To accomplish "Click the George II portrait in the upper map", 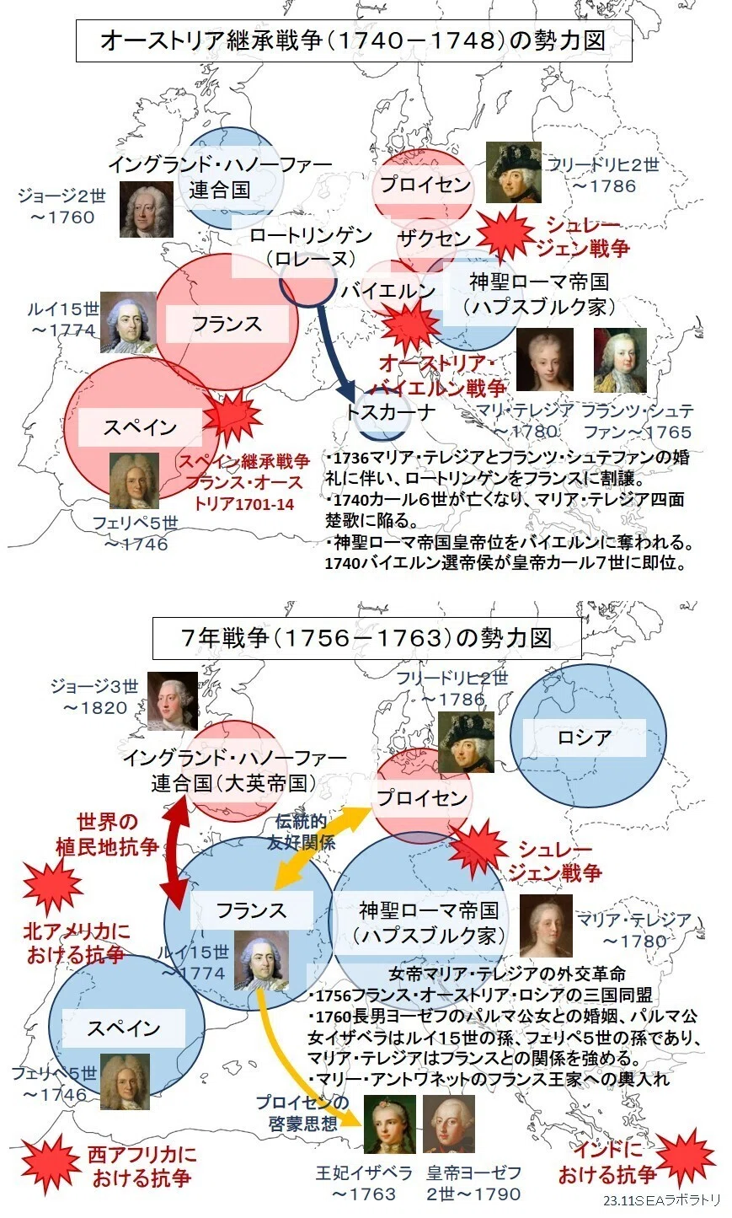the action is pos(147,209).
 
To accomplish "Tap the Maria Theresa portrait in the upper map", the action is pos(544,359).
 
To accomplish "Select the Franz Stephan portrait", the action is pos(620,359).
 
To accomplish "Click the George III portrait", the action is pos(173,701).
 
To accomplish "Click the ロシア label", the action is pos(585,738).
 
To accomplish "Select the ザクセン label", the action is pos(434,239).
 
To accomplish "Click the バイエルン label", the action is pos(388,290).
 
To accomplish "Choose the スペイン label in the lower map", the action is pos(124,1028).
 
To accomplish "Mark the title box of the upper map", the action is pos(354,40).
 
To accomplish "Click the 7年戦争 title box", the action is pos(366,638).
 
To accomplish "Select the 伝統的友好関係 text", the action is pos(301,831).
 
